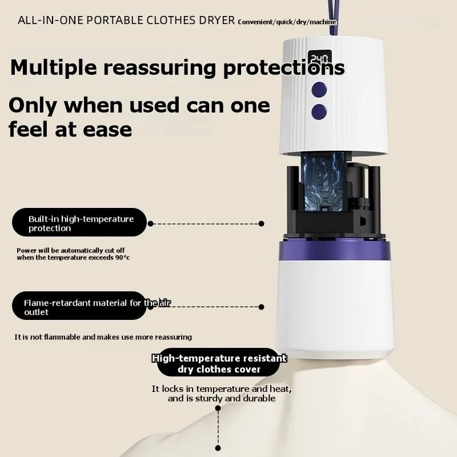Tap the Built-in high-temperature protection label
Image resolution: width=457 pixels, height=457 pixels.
[x=81, y=223]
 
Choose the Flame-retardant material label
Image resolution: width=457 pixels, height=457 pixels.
[x=80, y=307]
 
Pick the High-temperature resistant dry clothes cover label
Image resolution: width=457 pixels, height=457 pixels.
[x=219, y=364]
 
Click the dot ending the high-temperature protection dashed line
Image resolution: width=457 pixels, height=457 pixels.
[x=262, y=224]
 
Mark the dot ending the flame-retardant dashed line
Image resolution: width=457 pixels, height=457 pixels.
[x=262, y=307]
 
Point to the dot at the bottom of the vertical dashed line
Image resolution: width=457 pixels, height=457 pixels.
[x=218, y=447]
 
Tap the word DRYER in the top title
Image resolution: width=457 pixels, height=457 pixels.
[x=219, y=21]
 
